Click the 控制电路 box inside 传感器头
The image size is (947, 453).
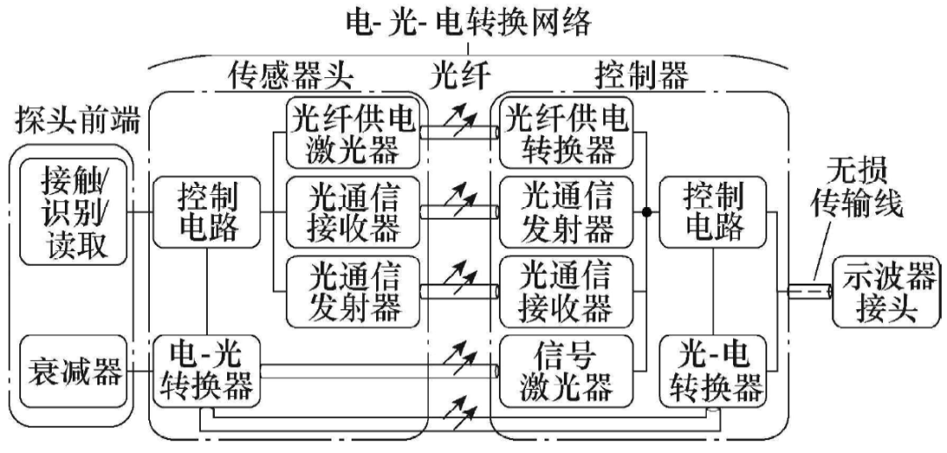(206, 212)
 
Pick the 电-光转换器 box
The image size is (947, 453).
(206, 370)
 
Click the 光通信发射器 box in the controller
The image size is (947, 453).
(566, 212)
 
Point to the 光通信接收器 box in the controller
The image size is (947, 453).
(566, 291)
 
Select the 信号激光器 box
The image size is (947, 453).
(566, 370)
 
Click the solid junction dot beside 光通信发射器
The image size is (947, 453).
(647, 212)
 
